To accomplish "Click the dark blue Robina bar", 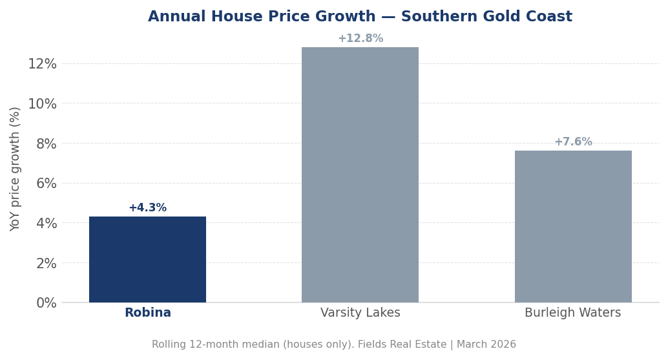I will coord(147,259).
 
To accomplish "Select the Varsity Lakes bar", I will coord(360,175).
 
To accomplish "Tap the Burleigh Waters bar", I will coord(572,226).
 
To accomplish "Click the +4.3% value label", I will coord(147,208).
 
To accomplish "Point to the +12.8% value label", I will coord(360,39).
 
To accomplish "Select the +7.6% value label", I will coord(572,142).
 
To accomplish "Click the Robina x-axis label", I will coord(147,313).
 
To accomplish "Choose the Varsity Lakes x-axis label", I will coord(360,313).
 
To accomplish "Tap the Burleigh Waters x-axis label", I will coord(572,313).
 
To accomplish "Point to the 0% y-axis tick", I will coord(46,302).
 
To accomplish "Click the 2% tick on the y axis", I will coord(46,263).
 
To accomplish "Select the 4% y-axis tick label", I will coord(46,223).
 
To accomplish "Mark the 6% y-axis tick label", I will coord(46,183).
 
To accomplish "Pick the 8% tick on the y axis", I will coord(46,143).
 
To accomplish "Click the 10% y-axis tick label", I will coord(42,103).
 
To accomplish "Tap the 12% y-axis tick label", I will coord(42,63).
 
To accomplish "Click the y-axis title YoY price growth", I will coord(16,169).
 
